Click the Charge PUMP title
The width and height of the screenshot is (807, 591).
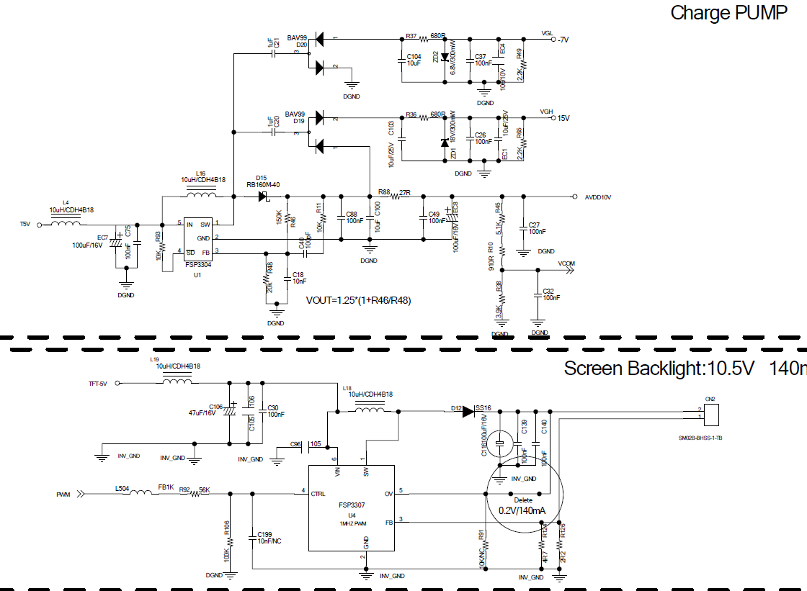point(728,13)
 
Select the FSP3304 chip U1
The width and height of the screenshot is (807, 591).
point(197,238)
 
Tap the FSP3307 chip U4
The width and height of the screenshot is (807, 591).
point(352,507)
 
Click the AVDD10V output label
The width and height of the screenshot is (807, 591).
point(598,197)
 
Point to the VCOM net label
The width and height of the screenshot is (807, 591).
point(566,264)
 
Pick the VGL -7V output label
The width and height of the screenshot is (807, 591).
point(555,37)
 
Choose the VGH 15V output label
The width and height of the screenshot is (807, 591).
point(555,116)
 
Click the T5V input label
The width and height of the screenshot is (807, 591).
point(25,225)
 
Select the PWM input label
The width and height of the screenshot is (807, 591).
point(63,495)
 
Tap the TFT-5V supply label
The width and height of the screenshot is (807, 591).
point(93,384)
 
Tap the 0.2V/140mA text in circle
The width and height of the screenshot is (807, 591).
point(522,510)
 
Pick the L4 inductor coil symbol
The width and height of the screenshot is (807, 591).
point(66,224)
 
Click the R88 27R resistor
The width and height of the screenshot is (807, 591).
point(395,197)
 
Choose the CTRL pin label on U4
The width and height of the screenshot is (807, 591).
point(318,493)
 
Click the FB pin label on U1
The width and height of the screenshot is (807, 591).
point(205,252)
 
